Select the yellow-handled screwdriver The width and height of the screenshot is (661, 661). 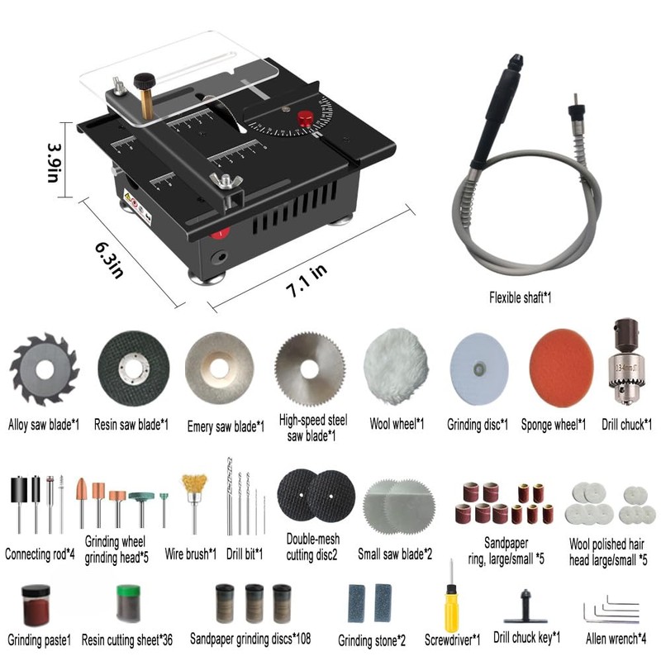452,599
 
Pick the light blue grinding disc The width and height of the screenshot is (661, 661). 478,365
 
